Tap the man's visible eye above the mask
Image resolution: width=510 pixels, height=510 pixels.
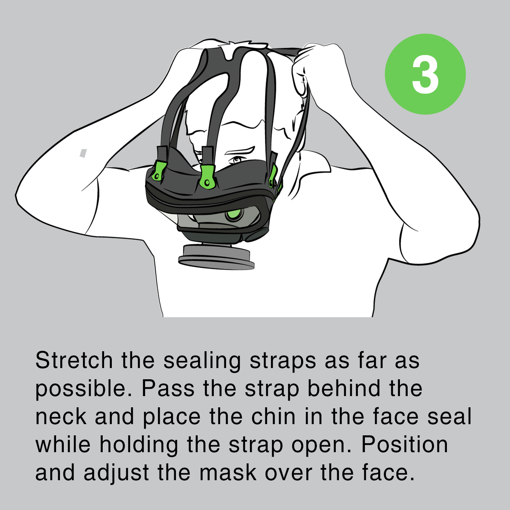[236, 159]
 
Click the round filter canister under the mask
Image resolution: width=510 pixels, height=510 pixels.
[216, 257]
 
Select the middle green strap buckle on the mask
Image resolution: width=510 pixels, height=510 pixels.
[208, 177]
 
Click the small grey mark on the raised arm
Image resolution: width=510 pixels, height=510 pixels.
[83, 153]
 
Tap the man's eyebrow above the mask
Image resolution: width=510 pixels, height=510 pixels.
[239, 150]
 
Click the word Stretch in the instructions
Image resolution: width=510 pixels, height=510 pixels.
[74, 360]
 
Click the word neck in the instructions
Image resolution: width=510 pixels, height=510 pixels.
[61, 416]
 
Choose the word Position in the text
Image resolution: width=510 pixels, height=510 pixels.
[404, 445]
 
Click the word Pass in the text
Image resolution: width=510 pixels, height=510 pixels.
[168, 388]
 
